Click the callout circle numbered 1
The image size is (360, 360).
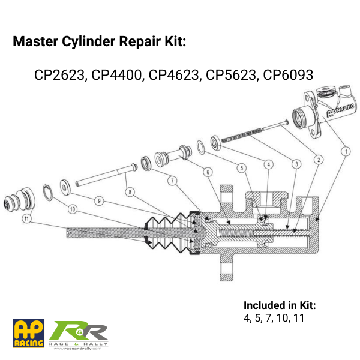pyautogui.click(x=346, y=152)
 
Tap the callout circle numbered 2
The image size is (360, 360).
pyautogui.click(x=319, y=160)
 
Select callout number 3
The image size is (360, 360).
pyautogui.click(x=296, y=164)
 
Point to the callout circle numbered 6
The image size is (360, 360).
pyautogui.click(x=208, y=172)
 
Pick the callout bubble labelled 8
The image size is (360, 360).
pyautogui.click(x=130, y=192)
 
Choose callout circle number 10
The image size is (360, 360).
pyautogui.click(x=73, y=209)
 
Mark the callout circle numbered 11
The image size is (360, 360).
pyautogui.click(x=26, y=218)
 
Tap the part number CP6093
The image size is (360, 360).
pyautogui.click(x=288, y=75)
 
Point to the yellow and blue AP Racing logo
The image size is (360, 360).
pyautogui.click(x=28, y=333)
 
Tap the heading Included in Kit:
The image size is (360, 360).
pyautogui.click(x=280, y=305)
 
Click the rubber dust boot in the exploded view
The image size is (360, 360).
pyautogui.click(x=20, y=200)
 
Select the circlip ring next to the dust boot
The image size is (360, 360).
pyautogui.click(x=48, y=193)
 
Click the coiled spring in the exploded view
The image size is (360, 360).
pyautogui.click(x=242, y=134)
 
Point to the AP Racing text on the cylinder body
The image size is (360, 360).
pyautogui.click(x=340, y=110)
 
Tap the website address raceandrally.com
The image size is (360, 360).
pyautogui.click(x=77, y=349)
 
